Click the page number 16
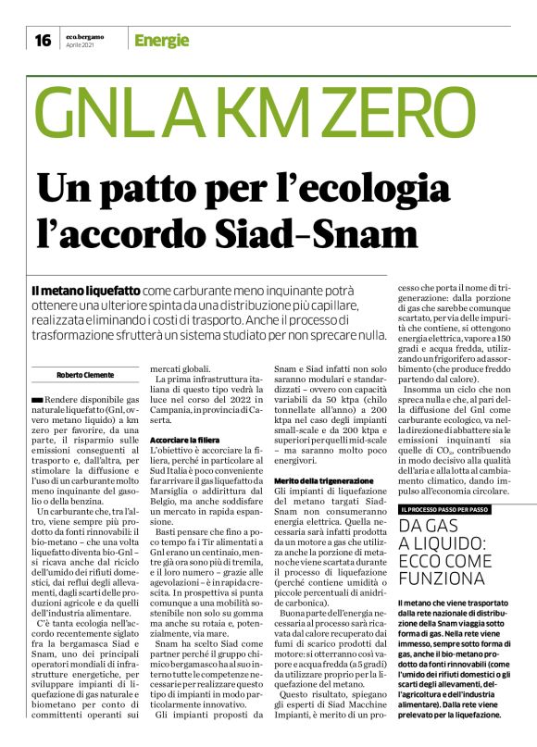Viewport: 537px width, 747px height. [42, 40]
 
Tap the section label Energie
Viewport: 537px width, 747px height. [161, 40]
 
